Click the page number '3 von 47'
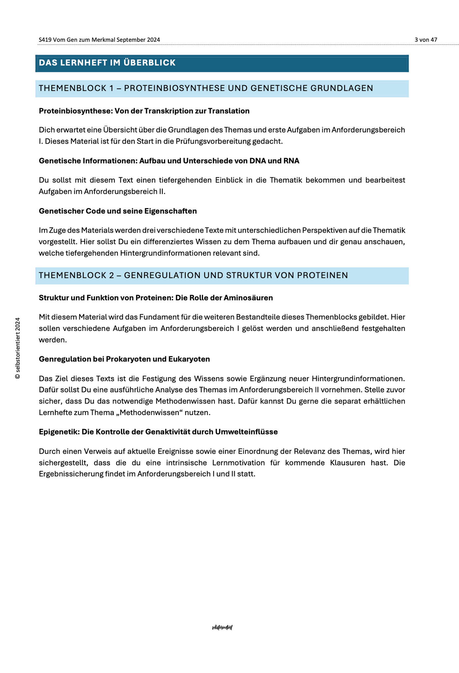click(x=425, y=40)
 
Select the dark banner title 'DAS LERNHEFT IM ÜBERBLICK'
click(x=107, y=63)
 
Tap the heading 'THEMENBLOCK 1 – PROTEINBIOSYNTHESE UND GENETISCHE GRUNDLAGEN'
click(x=206, y=88)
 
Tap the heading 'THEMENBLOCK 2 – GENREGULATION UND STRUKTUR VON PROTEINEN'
click(x=193, y=275)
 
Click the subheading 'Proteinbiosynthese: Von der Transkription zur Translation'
click(x=144, y=111)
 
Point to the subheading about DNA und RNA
click(x=169, y=161)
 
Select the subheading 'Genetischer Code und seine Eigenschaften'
click(x=118, y=211)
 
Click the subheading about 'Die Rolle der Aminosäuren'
click(x=156, y=298)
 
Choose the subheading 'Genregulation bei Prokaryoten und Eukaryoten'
click(x=124, y=359)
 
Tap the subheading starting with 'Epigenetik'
click(x=158, y=432)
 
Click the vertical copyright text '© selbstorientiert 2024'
click(x=18, y=348)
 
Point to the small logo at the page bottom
click(x=222, y=628)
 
